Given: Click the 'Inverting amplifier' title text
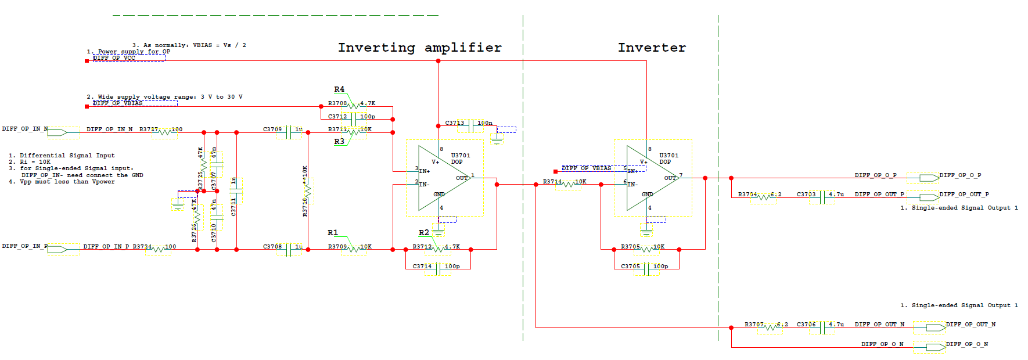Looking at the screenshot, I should click(419, 48).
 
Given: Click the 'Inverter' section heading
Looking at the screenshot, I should click(652, 48).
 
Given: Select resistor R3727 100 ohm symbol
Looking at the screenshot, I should click(168, 132).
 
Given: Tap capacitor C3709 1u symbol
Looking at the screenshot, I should click(289, 132).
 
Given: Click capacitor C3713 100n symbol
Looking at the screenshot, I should click(470, 125).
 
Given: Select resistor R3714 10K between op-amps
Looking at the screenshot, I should click(568, 185).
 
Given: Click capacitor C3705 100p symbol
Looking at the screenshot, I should click(646, 269).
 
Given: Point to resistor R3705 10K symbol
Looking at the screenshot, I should click(646, 250).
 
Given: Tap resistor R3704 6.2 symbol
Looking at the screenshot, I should click(764, 197).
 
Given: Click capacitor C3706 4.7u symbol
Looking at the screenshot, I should click(822, 327).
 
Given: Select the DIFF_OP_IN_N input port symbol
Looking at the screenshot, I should click(57, 132).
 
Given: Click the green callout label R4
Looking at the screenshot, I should click(339, 89).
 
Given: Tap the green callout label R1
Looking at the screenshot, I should click(332, 233).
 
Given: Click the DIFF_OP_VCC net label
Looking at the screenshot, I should click(114, 58).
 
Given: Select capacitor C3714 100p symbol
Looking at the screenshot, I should click(438, 269).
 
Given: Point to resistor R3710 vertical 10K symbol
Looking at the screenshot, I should click(308, 189).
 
